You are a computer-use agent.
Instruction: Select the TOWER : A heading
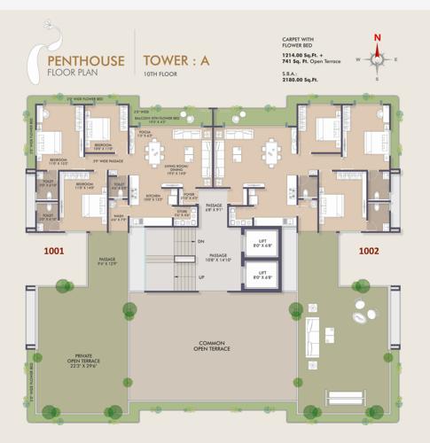pyautogui.click(x=176, y=61)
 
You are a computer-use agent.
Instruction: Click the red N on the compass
pyautogui.click(x=378, y=37)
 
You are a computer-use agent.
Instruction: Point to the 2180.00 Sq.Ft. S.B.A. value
pyautogui.click(x=299, y=78)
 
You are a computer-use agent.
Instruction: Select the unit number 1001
pyautogui.click(x=55, y=251)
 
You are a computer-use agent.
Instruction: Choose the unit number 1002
pyautogui.click(x=369, y=251)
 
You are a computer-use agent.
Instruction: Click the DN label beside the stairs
pyautogui.click(x=201, y=241)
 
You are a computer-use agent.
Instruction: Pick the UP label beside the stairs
pyautogui.click(x=201, y=276)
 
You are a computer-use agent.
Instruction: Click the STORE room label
pyautogui.click(x=181, y=214)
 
